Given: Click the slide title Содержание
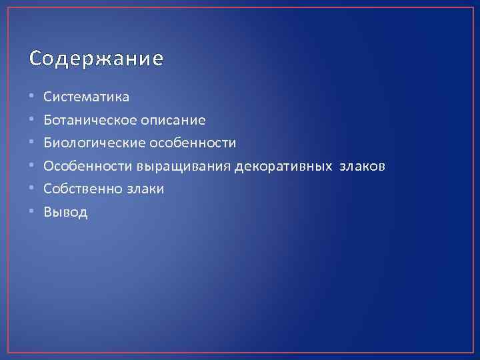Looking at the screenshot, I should tap(96, 59).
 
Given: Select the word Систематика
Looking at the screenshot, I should tap(87, 97).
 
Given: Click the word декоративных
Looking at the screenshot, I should tap(285, 167).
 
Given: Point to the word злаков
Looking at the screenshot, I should tap(360, 167).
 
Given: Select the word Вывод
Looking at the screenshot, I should tap(65, 213).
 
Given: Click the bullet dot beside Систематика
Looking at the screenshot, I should tap(32, 97).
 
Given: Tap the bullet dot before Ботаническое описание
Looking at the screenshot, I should tap(32, 121).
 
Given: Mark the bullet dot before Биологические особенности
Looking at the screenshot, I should tap(32, 143).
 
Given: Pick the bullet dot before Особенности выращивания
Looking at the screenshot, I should tap(32, 167).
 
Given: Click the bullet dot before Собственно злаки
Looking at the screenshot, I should tap(32, 189).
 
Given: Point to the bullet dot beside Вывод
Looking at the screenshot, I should tap(32, 213).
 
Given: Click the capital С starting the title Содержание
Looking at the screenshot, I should tap(35, 59).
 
